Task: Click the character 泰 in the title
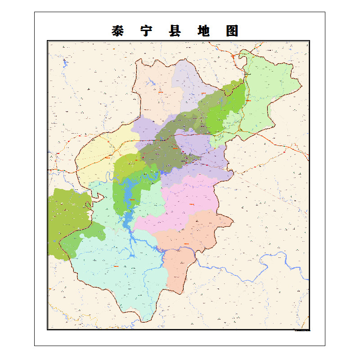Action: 118,31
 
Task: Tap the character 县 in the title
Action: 175,31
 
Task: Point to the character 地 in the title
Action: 203,31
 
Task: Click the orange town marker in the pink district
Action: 192,204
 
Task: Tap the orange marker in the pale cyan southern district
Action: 117,267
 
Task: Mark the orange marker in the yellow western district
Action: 108,157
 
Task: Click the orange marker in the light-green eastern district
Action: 247,101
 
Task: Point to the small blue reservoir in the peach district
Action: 151,83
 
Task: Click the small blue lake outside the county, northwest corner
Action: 65,62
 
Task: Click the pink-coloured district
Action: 189,198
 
